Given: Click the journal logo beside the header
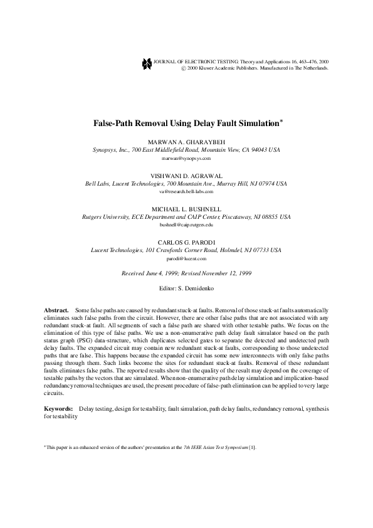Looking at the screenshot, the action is tap(147, 63).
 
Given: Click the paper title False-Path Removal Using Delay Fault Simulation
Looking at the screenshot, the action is tap(186, 125).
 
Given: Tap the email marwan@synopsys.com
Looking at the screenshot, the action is tap(186, 159).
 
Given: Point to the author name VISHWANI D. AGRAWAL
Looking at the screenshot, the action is tap(186, 176).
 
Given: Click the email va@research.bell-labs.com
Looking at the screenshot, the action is tap(186, 191).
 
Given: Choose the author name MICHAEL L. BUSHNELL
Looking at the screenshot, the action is tap(186, 209).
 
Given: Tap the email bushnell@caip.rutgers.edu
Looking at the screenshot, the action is tap(186, 224).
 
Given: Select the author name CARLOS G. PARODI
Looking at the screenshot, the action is tap(186, 241).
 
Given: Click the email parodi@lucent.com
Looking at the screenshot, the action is tap(186, 257).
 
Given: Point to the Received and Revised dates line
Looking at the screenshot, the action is tap(186, 273).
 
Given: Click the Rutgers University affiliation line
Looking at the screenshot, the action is tap(186, 216).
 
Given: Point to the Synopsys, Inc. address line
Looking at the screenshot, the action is tap(186, 151).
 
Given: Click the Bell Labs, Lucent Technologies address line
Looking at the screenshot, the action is tap(186, 184).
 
